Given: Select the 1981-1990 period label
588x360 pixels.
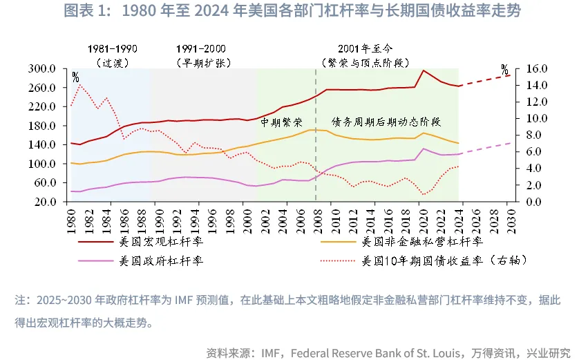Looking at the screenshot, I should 113,48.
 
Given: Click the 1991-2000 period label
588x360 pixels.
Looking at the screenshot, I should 201,48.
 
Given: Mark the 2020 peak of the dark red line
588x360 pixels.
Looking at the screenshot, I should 424,70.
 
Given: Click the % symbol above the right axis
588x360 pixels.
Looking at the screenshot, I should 504,69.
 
